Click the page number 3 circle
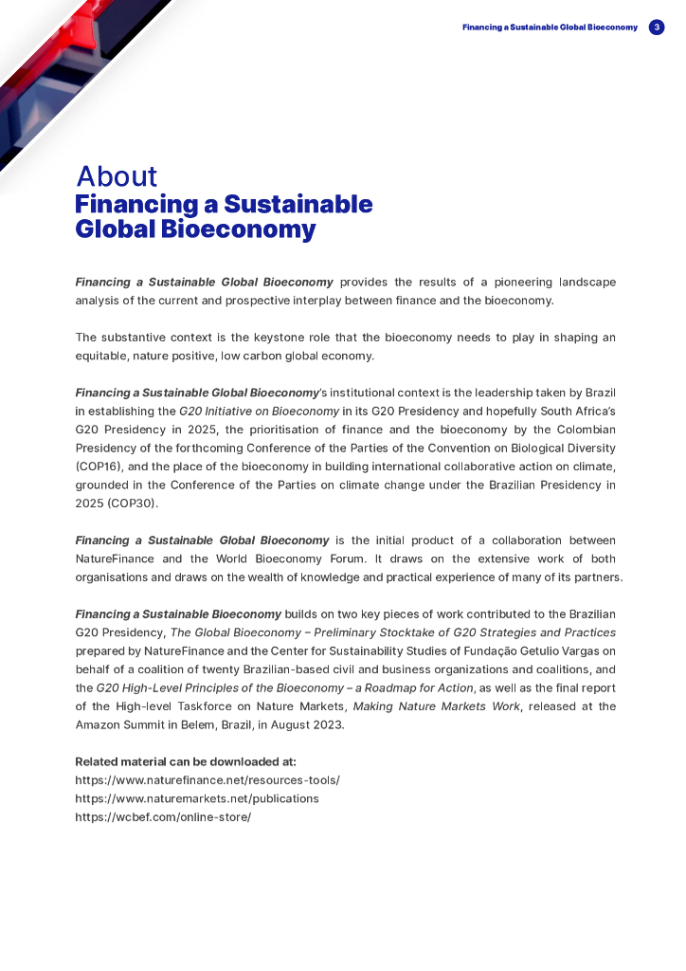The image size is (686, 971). point(657,27)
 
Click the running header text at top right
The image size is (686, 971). point(550,27)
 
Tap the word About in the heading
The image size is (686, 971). point(117,176)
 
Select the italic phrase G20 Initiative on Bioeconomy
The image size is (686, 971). point(259,412)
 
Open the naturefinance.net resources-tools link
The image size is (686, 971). point(207,779)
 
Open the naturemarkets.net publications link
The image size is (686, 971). point(196,798)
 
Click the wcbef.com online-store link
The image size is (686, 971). point(163,816)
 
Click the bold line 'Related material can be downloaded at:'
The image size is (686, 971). point(186,761)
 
